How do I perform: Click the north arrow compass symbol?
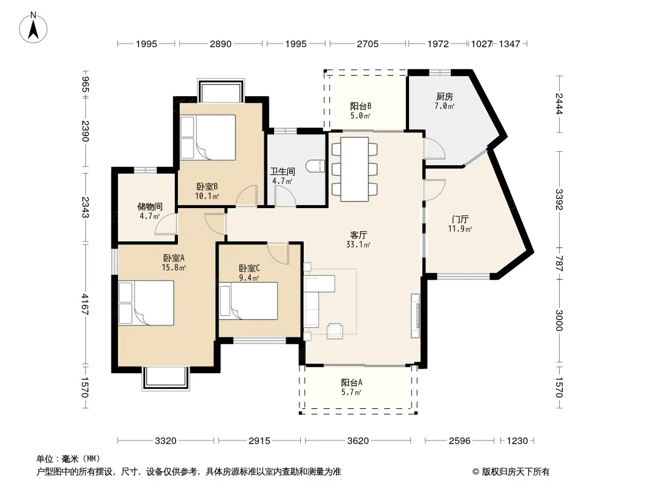tap(33, 28)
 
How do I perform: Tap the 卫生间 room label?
tap(282, 171)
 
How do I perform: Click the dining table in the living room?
tap(354, 169)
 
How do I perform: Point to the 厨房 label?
tap(445, 97)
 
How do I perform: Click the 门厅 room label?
tap(460, 219)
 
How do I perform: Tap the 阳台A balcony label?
tap(352, 383)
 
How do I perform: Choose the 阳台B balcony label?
tap(361, 106)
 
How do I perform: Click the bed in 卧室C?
tap(248, 301)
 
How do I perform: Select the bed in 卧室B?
tap(208, 137)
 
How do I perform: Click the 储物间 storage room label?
tap(149, 206)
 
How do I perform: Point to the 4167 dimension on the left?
tap(85, 304)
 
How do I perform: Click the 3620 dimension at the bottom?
tap(358, 441)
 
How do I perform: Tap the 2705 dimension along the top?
tap(367, 44)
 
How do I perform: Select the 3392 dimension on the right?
tap(558, 200)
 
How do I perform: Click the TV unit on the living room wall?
tap(415, 316)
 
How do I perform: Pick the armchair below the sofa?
tap(335, 331)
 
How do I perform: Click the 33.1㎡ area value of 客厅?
tap(358, 244)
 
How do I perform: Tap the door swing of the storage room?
tap(166, 224)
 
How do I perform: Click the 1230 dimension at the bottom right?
tap(517, 441)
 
